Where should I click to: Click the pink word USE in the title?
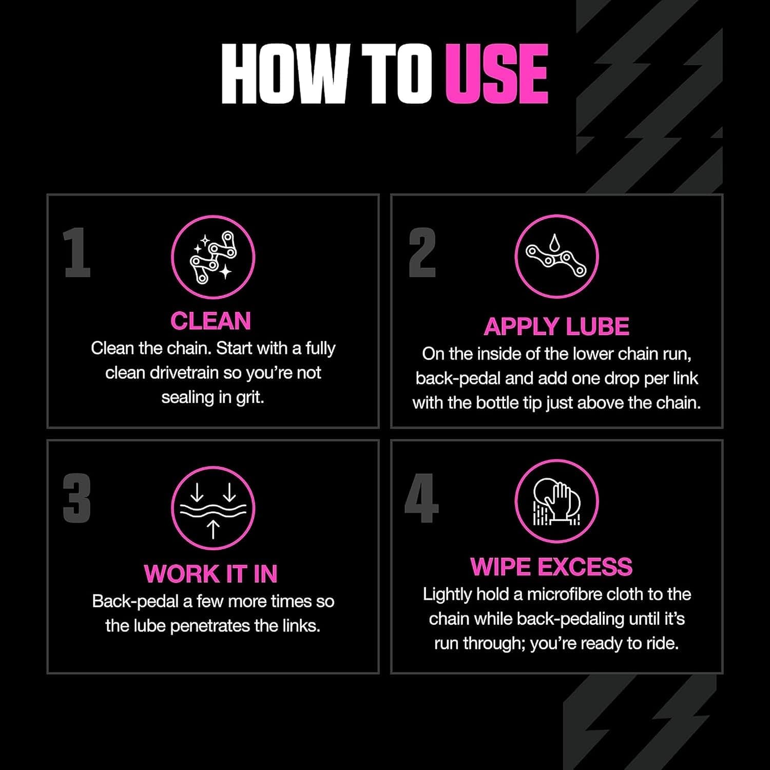click(x=497, y=74)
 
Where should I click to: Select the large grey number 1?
click(x=77, y=253)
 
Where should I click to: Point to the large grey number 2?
click(x=422, y=253)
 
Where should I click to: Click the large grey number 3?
click(x=77, y=498)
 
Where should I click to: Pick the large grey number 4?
click(x=421, y=498)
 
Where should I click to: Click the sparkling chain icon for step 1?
click(x=213, y=257)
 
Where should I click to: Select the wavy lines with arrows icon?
click(x=213, y=508)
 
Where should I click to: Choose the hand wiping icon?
click(x=556, y=501)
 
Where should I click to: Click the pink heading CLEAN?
click(x=211, y=321)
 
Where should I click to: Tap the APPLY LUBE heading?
click(x=556, y=327)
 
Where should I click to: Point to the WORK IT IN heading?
click(x=211, y=574)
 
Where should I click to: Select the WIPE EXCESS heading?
click(x=552, y=567)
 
